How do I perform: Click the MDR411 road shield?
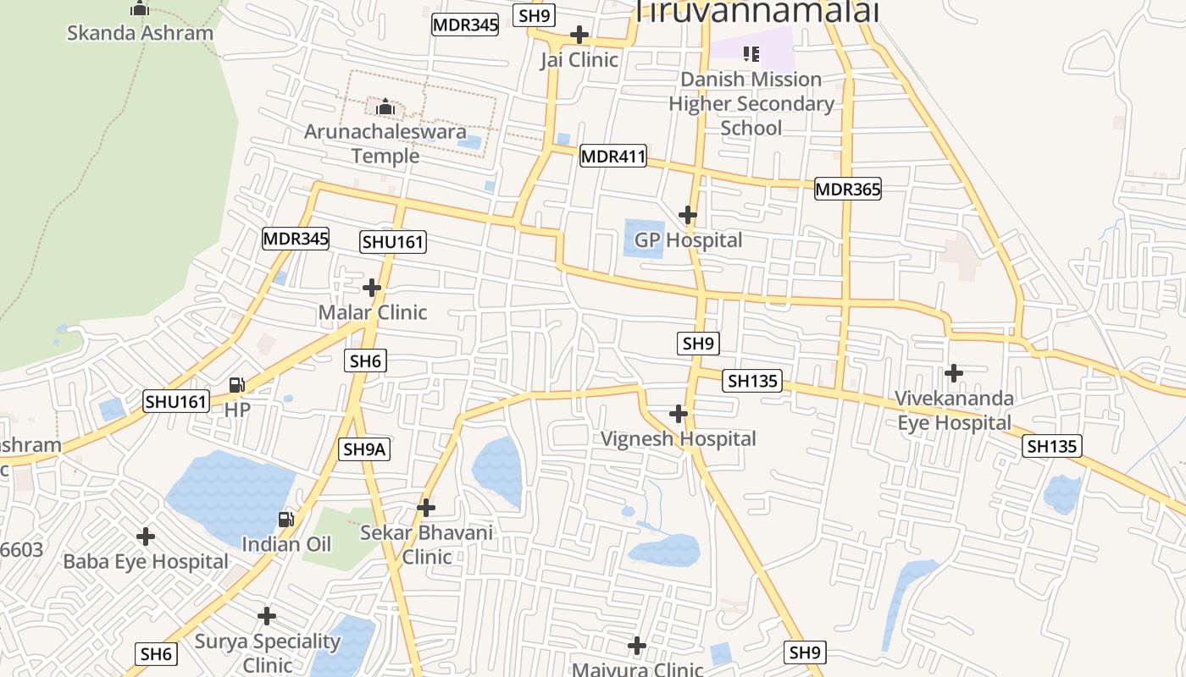[x=613, y=156]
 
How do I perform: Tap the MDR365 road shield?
[x=847, y=189]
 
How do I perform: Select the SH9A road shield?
[x=365, y=449]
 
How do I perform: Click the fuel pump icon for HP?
[x=237, y=385]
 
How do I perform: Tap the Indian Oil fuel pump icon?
[x=287, y=519]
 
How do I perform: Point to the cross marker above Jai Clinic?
[x=579, y=35]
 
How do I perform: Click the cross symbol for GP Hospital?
[x=688, y=215]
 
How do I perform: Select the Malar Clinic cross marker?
[x=372, y=288]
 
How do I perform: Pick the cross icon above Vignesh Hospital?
[x=679, y=414]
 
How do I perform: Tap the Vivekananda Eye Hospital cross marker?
[x=954, y=372]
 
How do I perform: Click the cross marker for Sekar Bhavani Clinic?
[x=426, y=508]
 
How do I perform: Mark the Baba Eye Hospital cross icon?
[x=146, y=537]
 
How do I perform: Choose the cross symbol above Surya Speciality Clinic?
[x=267, y=616]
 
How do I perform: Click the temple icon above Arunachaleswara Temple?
[x=385, y=107]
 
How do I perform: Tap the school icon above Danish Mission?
[x=751, y=54]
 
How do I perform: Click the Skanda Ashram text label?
[x=140, y=34]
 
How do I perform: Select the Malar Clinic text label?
[x=373, y=312]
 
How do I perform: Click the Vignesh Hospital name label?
[x=679, y=438]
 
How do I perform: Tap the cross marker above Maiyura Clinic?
[x=637, y=647]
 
